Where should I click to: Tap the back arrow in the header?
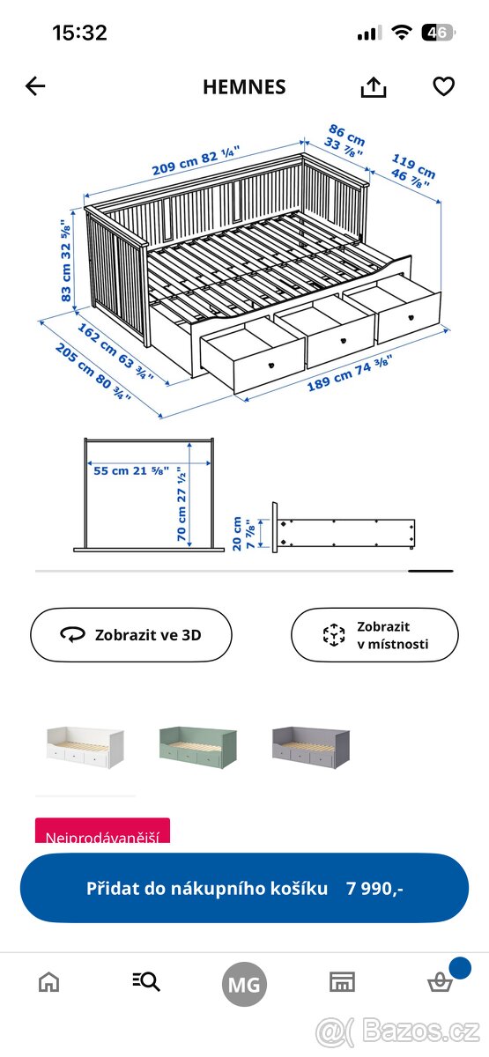pyautogui.click(x=35, y=86)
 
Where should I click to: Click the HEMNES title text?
pyautogui.click(x=244, y=86)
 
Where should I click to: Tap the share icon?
pyautogui.click(x=374, y=86)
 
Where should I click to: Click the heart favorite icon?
pyautogui.click(x=443, y=86)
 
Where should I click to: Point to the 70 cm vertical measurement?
pyautogui.click(x=182, y=506)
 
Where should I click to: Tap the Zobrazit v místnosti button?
pyautogui.click(x=374, y=634)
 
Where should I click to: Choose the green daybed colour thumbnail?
pyautogui.click(x=198, y=748)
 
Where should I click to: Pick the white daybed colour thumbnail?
pyautogui.click(x=85, y=748)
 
